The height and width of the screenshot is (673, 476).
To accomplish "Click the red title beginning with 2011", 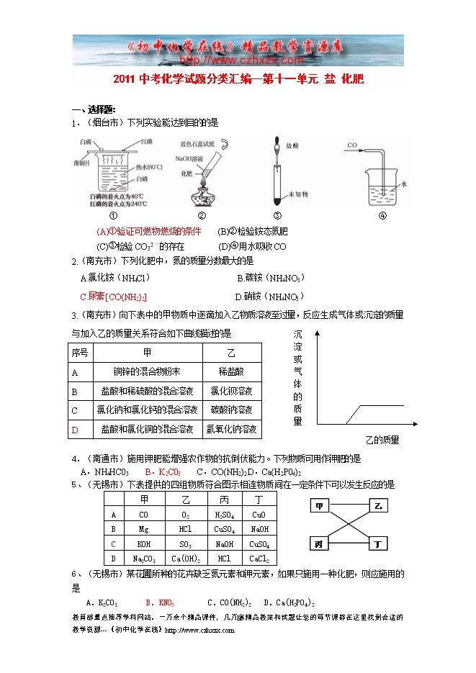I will pos(238,81).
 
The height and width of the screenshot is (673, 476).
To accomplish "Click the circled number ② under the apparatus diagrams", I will pos(202,215).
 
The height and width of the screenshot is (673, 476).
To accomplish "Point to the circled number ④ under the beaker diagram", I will pos(382,215).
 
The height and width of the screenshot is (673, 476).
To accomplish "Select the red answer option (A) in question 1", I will pos(148,231).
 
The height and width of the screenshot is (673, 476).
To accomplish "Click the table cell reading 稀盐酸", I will pos(231,371).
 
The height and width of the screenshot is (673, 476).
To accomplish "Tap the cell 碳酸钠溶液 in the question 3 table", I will pos(231,410).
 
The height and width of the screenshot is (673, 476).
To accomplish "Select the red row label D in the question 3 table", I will pos(74,430).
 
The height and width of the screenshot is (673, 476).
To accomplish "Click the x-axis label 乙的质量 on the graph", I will pos(382,439).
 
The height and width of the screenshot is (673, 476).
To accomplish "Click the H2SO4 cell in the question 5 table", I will pos(223,515).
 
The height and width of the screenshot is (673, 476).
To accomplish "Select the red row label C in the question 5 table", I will pos(113,544).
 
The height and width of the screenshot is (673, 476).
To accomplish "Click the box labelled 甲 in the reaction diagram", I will pos(319,506).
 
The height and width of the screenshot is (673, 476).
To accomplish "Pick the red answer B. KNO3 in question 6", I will pos(160,602).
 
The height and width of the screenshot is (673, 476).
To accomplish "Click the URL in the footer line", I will pos(200,630).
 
